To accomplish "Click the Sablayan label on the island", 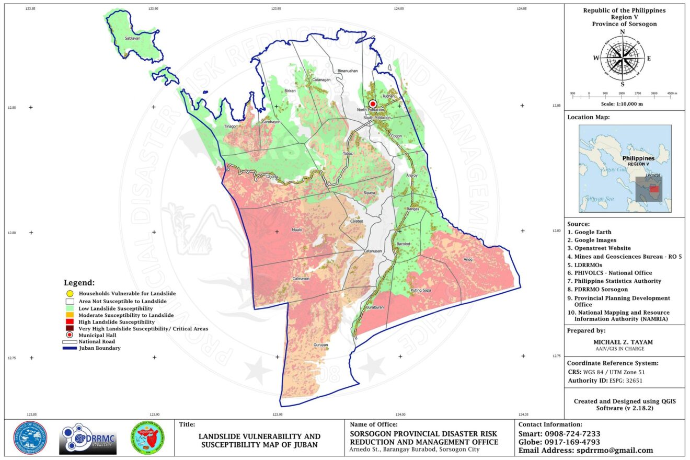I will coord(133,39).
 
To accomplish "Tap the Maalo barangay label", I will coord(297,230).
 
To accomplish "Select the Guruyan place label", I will coord(320,345).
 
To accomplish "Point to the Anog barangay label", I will coord(468,259).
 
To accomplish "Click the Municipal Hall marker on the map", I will coord(373,104).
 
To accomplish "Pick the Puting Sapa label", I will coord(421,290).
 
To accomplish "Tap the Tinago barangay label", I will coord(231,126).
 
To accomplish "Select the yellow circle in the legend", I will coord(69,294).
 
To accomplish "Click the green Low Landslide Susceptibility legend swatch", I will coord(69,308).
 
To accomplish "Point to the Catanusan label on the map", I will coord(373,251).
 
